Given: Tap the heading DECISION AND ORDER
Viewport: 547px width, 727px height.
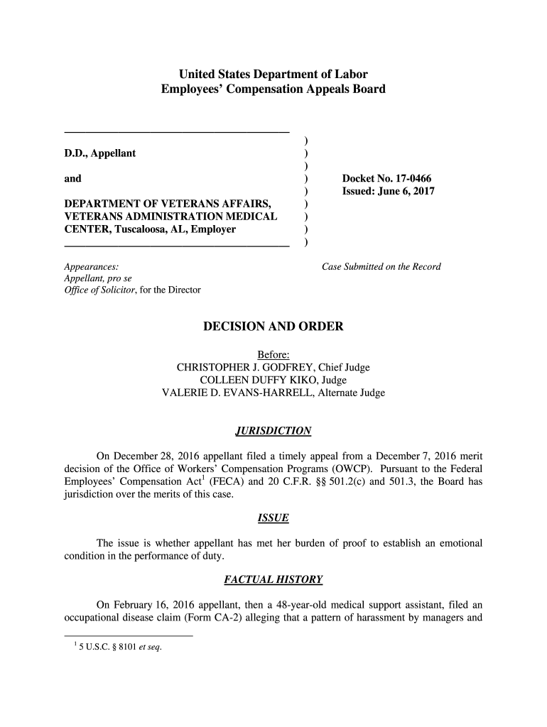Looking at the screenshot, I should coord(273,327).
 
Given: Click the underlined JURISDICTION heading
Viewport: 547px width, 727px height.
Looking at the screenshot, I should coord(273,431).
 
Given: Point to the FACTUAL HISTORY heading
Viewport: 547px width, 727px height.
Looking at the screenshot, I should coord(273,580).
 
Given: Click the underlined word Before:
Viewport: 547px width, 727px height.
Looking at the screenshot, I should coord(273,355).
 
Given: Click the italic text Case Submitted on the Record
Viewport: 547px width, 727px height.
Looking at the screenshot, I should coord(381,267).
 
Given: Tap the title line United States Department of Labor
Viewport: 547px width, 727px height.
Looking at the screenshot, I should coord(273,74).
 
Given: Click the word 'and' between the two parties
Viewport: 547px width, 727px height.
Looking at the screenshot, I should coord(72,178).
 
